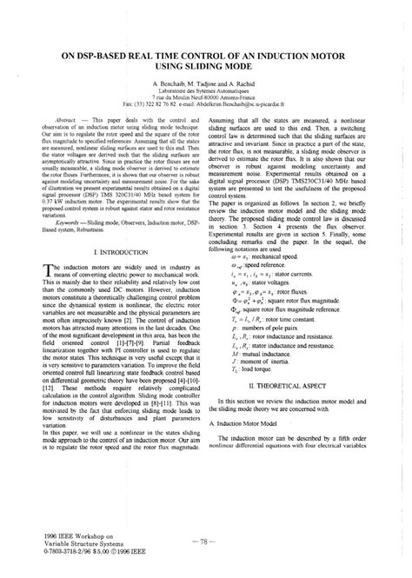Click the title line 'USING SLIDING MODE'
coord(206,65)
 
